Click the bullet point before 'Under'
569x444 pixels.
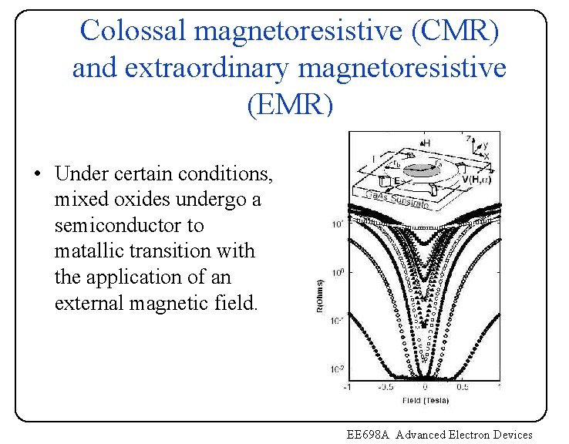pyautogui.click(x=37, y=175)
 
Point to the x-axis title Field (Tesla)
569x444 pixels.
pyautogui.click(x=425, y=400)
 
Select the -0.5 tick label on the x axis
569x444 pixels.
pyautogui.click(x=386, y=388)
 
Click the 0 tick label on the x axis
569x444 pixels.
pyautogui.click(x=426, y=388)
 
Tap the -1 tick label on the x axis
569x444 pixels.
pyautogui.click(x=348, y=388)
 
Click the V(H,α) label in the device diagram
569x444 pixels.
pyautogui.click(x=477, y=179)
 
